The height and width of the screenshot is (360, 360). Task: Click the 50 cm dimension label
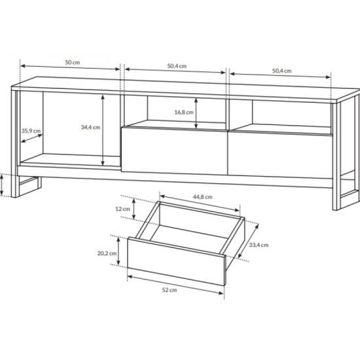click(x=73, y=62)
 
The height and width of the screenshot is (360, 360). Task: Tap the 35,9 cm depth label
click(x=31, y=131)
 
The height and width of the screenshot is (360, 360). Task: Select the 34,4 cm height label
click(x=90, y=127)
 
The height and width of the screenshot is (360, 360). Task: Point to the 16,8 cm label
click(x=184, y=113)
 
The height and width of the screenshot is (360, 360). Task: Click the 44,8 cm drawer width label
click(x=202, y=197)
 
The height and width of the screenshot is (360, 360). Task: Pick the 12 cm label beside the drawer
click(x=122, y=209)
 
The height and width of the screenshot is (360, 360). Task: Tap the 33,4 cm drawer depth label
click(x=259, y=245)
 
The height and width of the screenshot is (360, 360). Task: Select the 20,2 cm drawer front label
click(x=107, y=253)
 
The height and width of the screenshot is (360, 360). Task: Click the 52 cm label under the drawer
click(x=170, y=290)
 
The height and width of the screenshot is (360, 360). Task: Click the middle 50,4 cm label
click(x=177, y=66)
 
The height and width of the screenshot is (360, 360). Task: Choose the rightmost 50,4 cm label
click(x=281, y=71)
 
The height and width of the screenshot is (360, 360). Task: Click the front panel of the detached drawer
click(x=176, y=261)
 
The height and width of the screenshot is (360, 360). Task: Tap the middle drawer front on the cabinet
click(x=175, y=150)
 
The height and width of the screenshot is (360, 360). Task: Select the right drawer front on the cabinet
click(x=280, y=154)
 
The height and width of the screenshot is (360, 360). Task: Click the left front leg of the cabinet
click(x=14, y=143)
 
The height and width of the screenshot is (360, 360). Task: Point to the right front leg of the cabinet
click(x=336, y=156)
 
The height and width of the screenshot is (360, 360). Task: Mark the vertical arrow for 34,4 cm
click(x=103, y=130)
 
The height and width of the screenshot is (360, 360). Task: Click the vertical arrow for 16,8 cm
click(x=196, y=113)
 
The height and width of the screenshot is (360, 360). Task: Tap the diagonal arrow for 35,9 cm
click(x=32, y=138)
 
